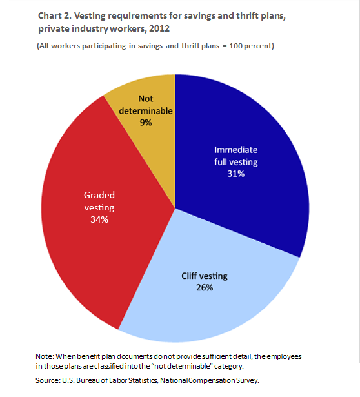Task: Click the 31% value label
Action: tap(236, 174)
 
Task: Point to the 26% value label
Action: tap(205, 288)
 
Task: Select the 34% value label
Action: tap(99, 219)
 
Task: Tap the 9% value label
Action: tap(146, 123)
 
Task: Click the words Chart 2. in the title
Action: tap(54, 15)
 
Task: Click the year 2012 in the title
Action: tap(159, 28)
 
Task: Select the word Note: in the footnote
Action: tap(45, 356)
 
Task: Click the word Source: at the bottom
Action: tap(48, 380)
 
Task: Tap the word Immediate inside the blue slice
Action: tap(236, 150)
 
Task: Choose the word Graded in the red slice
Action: tap(99, 195)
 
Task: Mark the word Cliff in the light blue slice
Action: tap(189, 276)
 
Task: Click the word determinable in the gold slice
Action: tap(146, 110)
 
